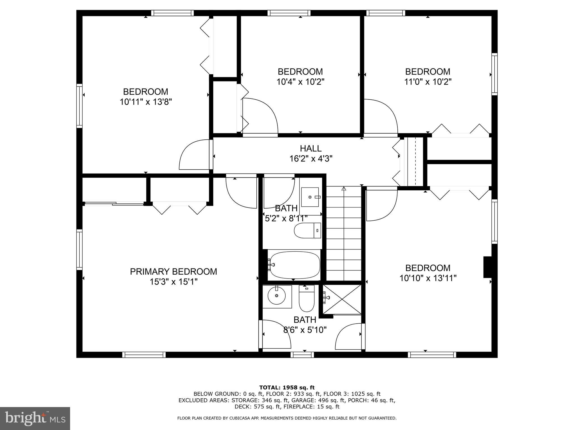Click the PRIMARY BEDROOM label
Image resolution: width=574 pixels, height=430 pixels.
coord(173,272)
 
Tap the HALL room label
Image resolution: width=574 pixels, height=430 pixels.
coord(311,148)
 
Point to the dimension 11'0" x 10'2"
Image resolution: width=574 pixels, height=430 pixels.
coord(427,82)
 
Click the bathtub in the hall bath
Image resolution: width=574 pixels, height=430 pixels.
coord(293,265)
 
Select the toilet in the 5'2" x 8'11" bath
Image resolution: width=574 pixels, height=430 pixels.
coord(307,231)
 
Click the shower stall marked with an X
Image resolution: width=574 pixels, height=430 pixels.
coord(342,299)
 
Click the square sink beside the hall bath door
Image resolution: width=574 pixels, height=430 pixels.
coord(310,197)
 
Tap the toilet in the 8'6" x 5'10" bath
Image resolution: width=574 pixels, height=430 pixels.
coord(307,299)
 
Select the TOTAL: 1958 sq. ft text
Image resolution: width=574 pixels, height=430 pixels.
coord(287,388)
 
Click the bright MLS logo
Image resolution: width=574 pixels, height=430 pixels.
coord(35,419)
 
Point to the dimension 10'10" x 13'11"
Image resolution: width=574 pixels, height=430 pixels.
coord(428,278)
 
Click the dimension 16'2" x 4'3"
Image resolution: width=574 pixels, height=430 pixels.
coord(311,159)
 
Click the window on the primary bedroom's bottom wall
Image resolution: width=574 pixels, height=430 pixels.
coord(144,355)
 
